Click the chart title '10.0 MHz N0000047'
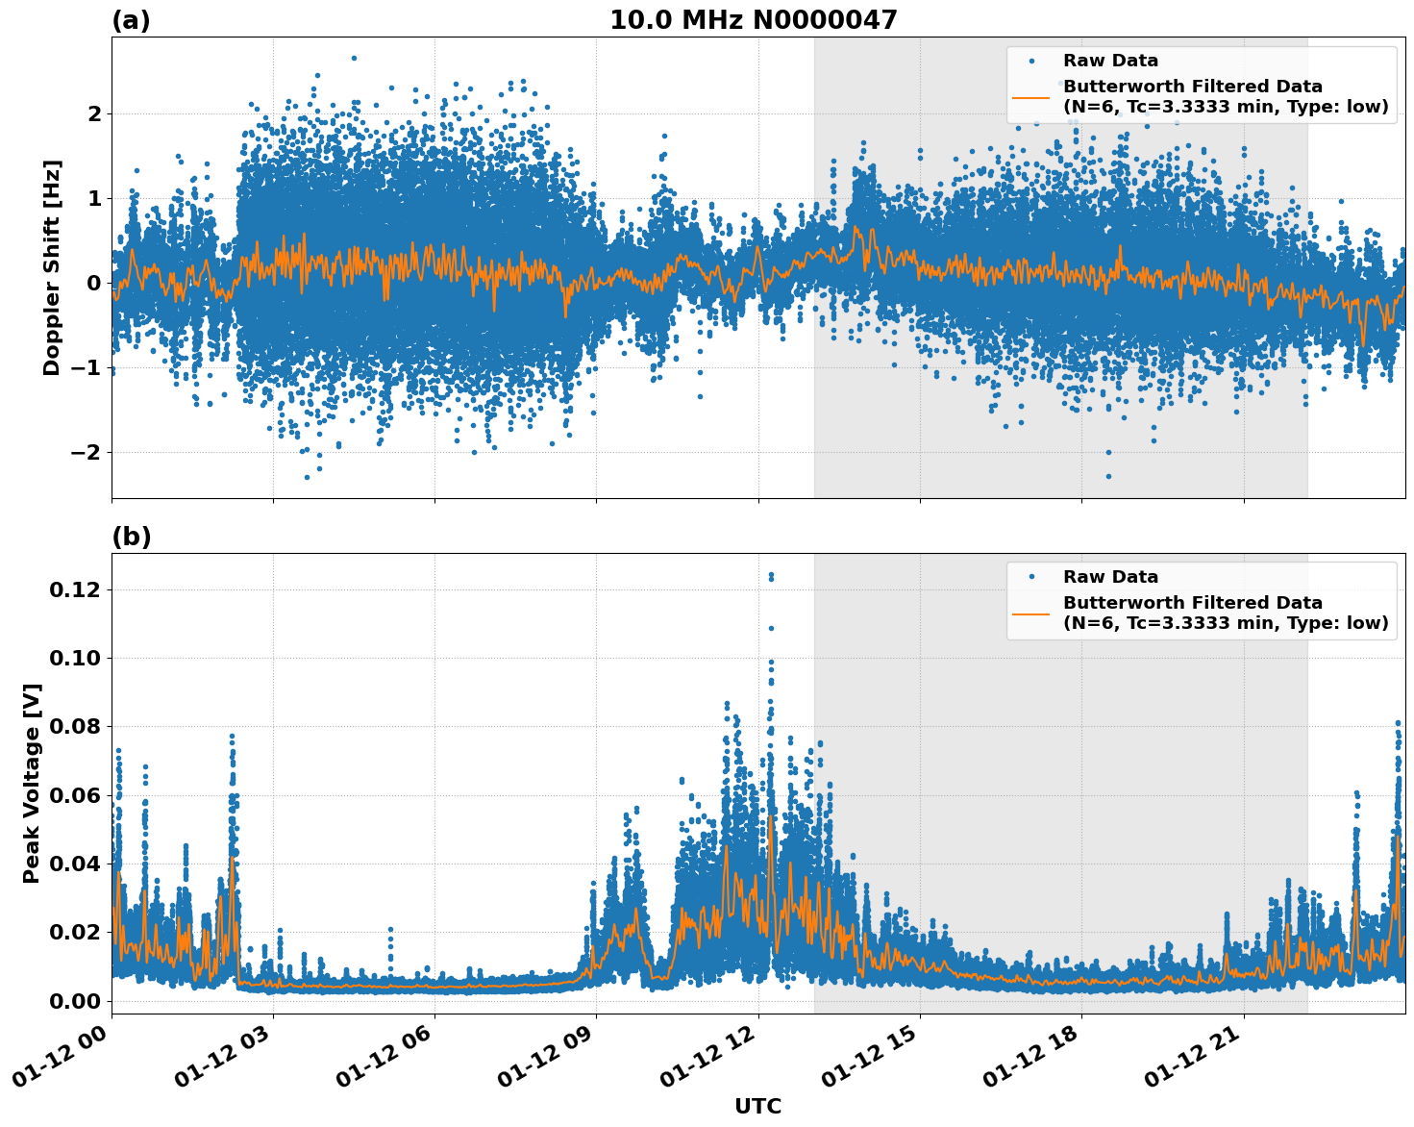(x=753, y=20)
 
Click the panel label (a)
(x=131, y=20)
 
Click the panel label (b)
(x=131, y=537)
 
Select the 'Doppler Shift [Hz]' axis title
(x=52, y=267)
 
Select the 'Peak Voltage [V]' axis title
(x=32, y=783)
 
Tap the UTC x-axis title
(x=757, y=1106)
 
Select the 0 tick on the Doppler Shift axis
(x=93, y=283)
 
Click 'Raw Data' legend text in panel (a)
(x=1110, y=62)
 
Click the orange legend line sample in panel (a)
(x=1030, y=96)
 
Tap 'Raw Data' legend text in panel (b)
(x=1110, y=577)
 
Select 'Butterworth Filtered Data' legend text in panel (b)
(x=1192, y=603)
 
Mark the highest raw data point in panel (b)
(x=771, y=574)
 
